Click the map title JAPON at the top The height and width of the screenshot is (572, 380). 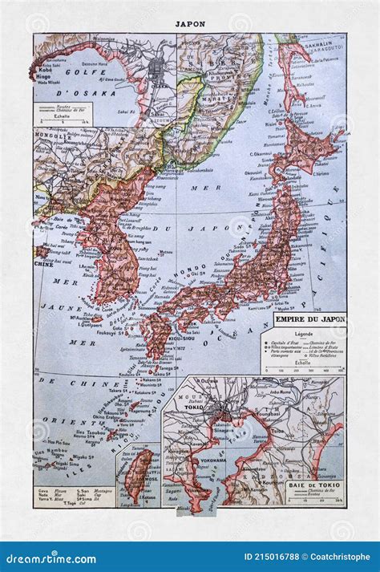coord(189,23)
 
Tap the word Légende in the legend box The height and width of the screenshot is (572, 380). coord(305,333)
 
